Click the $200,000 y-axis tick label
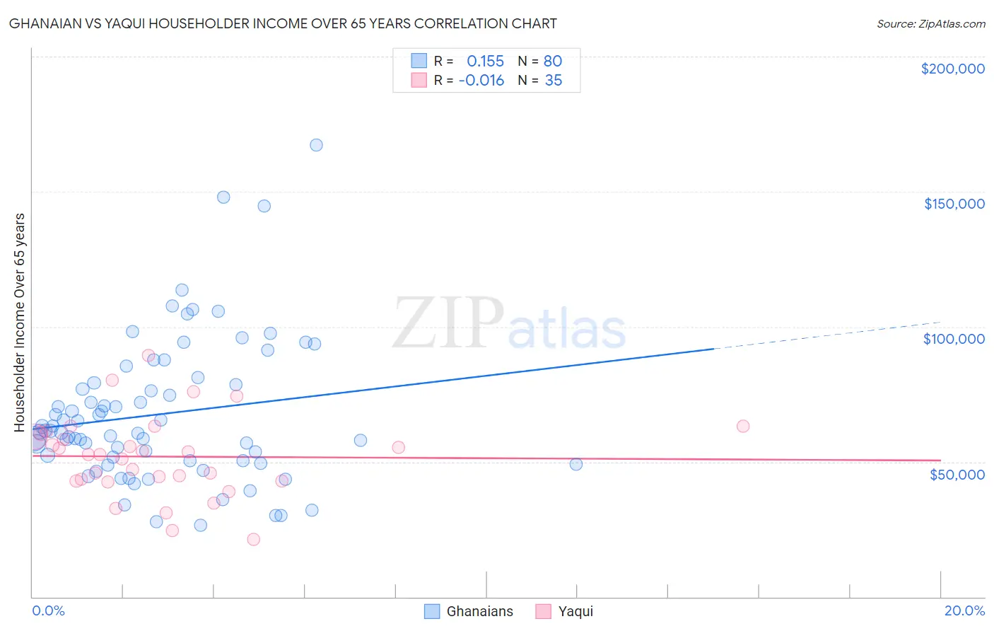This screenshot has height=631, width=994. (952, 69)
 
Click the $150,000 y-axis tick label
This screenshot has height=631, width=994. (954, 204)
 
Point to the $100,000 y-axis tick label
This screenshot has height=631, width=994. (954, 339)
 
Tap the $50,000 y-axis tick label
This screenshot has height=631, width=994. (957, 474)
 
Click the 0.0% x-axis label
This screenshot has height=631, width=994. (48, 610)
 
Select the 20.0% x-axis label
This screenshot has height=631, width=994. (964, 610)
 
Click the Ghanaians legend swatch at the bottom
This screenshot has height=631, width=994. (432, 611)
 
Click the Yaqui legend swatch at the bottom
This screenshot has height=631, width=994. (543, 611)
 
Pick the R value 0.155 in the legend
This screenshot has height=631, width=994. (485, 62)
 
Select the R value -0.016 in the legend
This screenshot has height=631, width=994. (481, 81)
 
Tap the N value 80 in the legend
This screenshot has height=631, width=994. (553, 62)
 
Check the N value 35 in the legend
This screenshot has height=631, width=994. (553, 81)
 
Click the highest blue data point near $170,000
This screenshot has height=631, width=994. (316, 145)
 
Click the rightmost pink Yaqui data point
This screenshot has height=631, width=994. (742, 426)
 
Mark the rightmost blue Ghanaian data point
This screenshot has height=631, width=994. (575, 464)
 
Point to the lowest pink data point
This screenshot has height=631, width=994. (253, 539)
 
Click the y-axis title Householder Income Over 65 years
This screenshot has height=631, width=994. (20, 322)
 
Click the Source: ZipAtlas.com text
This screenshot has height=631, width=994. (930, 24)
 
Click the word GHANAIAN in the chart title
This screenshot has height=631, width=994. (49, 24)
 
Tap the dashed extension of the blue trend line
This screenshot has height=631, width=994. (827, 335)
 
